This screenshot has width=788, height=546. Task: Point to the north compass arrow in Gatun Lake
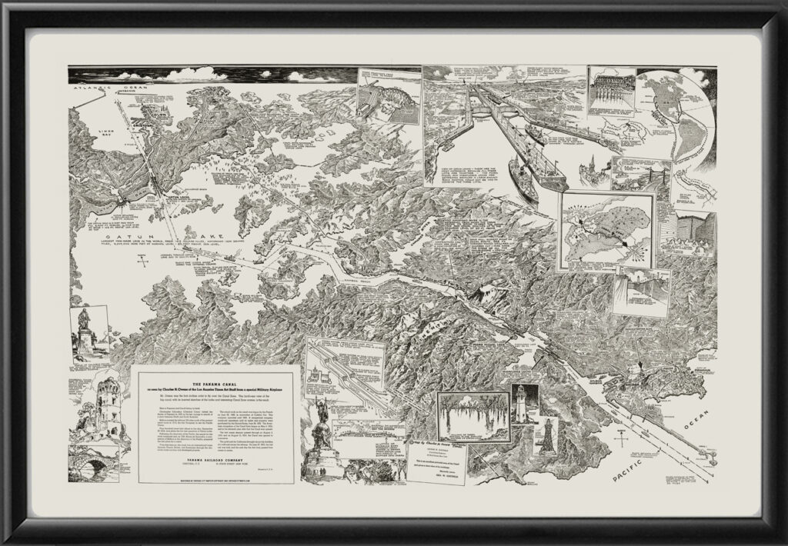(140, 262)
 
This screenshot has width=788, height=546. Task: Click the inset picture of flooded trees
(472, 416)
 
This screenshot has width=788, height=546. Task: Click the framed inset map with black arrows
(607, 228)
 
